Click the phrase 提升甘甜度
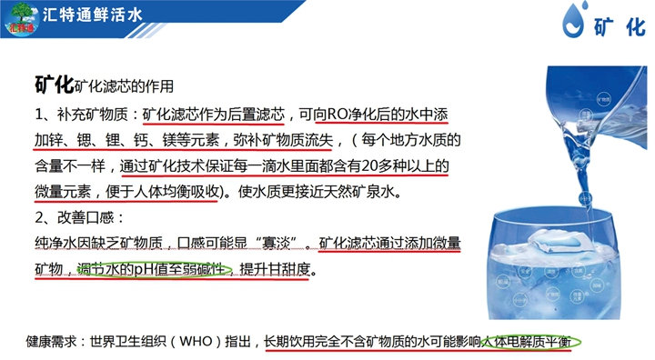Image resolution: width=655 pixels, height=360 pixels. pyautogui.click(x=275, y=270)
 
